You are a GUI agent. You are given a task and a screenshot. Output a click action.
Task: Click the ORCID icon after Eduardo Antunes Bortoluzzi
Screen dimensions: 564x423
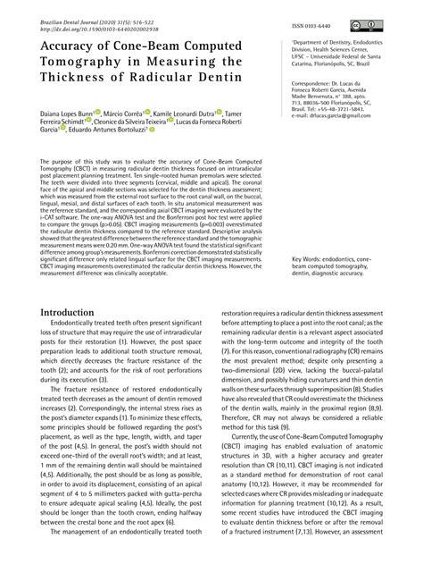(x=153, y=139)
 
